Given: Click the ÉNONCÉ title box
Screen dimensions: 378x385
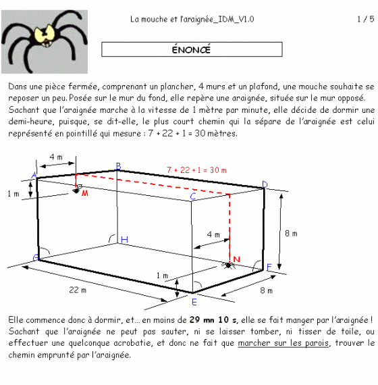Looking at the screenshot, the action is click(x=192, y=49).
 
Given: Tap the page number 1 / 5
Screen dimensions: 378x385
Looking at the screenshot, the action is click(x=365, y=19).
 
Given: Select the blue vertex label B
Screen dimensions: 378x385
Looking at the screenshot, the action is click(x=118, y=166).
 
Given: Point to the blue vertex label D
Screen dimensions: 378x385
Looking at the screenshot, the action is click(x=265, y=184).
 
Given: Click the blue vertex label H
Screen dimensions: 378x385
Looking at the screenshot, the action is click(x=124, y=239).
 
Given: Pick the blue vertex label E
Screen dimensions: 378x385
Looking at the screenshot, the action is click(x=194, y=302).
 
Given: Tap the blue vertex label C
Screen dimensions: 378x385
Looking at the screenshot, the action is click(x=193, y=197).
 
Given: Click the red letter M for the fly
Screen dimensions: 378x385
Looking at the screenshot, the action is click(x=85, y=193).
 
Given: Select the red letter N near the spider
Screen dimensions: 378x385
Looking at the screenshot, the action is click(x=237, y=259).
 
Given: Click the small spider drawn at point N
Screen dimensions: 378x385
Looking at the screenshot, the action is click(x=228, y=265).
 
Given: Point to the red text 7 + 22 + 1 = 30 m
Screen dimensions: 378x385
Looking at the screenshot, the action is click(x=196, y=170).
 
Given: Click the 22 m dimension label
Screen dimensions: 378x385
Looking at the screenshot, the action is click(x=78, y=290).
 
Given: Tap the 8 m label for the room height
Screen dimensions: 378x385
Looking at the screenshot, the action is click(x=291, y=233).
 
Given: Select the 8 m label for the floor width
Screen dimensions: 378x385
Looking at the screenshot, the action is click(x=267, y=290).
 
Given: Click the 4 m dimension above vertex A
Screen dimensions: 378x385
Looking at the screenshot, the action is click(x=56, y=157).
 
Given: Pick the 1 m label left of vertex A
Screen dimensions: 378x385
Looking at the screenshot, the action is click(x=13, y=194).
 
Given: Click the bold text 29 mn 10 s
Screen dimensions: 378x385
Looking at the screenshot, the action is click(x=213, y=319).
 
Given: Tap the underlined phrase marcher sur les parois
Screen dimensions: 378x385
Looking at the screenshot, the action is click(x=283, y=343).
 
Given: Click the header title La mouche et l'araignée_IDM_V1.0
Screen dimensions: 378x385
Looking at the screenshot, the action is click(x=192, y=19).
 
